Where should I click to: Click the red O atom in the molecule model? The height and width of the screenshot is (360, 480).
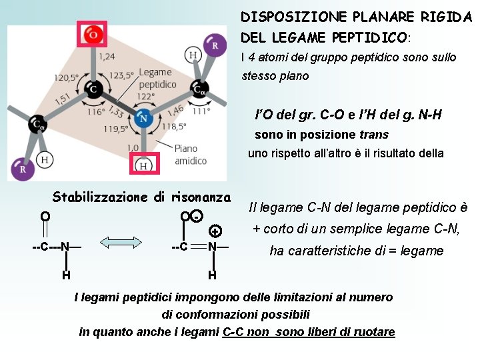[x=93, y=35]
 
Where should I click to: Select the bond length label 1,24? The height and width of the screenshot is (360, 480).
[x=107, y=57]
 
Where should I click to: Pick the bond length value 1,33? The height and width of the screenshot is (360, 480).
[x=115, y=111]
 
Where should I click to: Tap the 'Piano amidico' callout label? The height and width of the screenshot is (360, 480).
[x=191, y=155]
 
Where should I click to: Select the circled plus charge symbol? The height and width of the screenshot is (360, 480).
[x=215, y=231]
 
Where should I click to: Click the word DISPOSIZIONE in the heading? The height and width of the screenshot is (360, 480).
[x=284, y=16]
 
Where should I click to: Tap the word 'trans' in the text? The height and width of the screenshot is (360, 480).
[x=373, y=135]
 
